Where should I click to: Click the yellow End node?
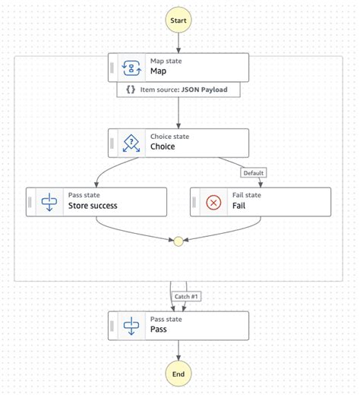click(178, 373)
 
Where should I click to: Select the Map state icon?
click(133, 67)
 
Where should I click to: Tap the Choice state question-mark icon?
click(133, 143)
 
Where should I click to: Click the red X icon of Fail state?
click(214, 202)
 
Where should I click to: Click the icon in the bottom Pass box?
click(133, 326)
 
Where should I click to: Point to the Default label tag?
click(254, 173)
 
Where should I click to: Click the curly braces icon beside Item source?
click(131, 90)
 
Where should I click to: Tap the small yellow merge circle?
click(178, 242)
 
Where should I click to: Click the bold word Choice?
click(163, 147)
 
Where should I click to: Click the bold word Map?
click(159, 71)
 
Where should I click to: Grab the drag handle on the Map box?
click(112, 67)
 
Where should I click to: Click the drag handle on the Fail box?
click(194, 202)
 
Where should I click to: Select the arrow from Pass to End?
click(178, 349)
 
